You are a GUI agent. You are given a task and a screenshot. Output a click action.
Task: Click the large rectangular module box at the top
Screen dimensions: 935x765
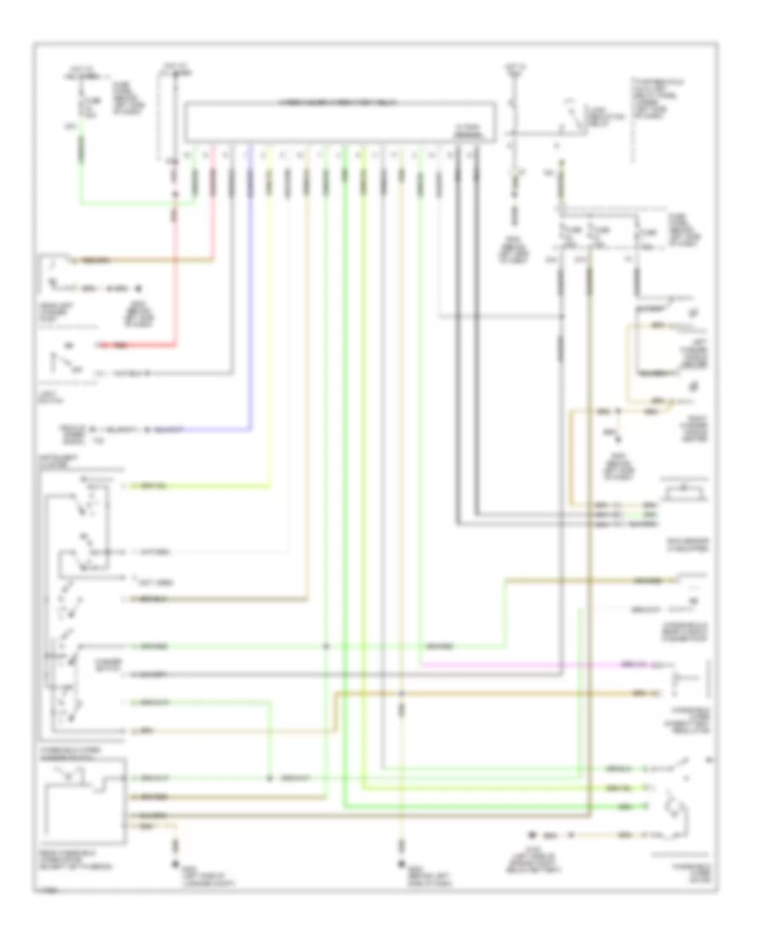point(340,121)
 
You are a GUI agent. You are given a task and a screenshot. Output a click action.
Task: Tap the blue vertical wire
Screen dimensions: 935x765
point(251,297)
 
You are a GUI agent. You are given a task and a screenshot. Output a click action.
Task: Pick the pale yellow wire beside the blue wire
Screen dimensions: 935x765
point(269,340)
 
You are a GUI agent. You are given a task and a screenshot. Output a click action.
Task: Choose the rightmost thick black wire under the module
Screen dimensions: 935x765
point(476,340)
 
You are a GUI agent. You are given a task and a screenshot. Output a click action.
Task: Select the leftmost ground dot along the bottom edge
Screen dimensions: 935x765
point(177,848)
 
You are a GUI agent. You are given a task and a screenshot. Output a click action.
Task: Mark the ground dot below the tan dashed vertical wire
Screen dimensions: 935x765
point(401,848)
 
